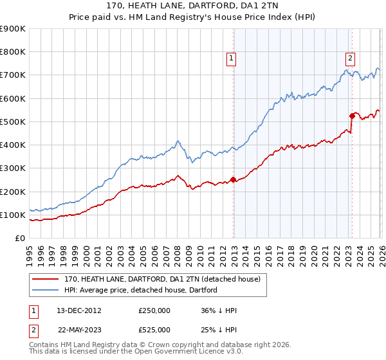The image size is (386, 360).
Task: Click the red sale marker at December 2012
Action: (x=233, y=180)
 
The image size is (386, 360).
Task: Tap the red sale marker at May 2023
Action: (x=352, y=116)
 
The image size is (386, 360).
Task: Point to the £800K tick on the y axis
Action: (x=13, y=52)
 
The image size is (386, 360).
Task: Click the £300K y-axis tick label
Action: (x=13, y=168)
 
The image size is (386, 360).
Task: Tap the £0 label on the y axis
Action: (x=19, y=239)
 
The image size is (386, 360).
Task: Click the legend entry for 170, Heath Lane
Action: (x=161, y=279)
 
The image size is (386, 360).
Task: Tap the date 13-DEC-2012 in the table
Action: (x=78, y=310)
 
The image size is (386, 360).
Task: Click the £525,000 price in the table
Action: (x=154, y=330)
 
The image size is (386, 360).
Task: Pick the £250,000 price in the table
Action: (x=154, y=310)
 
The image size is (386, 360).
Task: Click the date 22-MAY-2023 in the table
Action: (x=78, y=330)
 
